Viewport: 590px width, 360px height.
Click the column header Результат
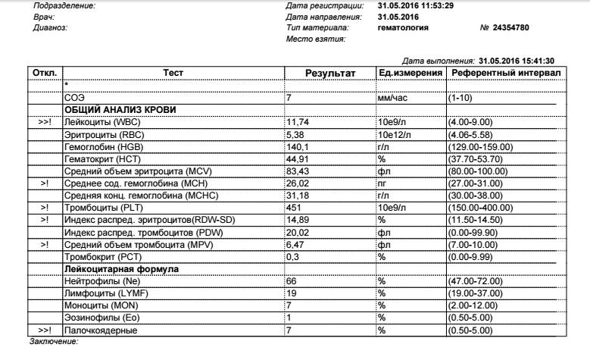[x=329, y=72]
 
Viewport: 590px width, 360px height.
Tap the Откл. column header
[x=40, y=72]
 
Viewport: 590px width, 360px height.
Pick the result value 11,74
[x=297, y=122]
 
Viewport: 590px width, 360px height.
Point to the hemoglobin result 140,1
[x=297, y=146]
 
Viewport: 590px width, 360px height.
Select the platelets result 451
[x=292, y=206]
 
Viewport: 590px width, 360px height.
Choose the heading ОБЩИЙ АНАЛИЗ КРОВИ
[x=120, y=110]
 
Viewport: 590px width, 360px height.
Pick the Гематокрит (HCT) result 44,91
[x=297, y=158]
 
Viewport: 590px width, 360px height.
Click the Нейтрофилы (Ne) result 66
[x=289, y=281]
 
